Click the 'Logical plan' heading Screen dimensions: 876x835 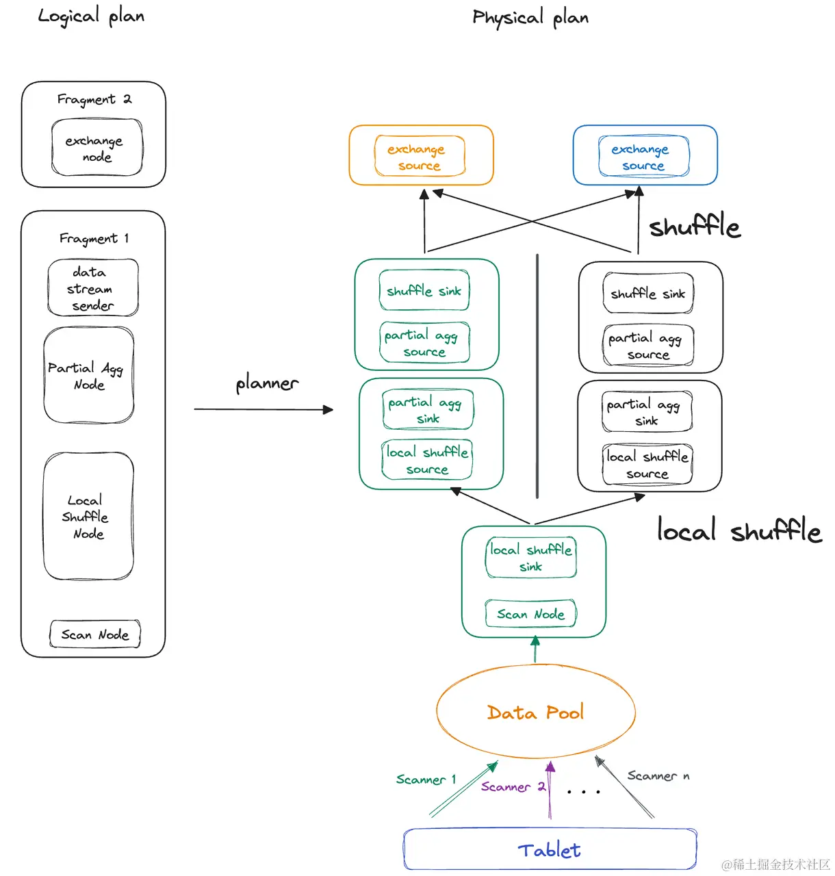pyautogui.click(x=91, y=16)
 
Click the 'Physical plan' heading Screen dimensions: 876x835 pyautogui.click(x=530, y=18)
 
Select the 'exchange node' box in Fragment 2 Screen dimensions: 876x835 pyautogui.click(x=97, y=148)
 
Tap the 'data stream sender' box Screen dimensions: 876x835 pyautogui.click(x=92, y=288)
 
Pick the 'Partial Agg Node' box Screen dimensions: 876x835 pyautogui.click(x=88, y=375)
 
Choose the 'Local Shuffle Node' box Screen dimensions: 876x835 pyautogui.click(x=88, y=516)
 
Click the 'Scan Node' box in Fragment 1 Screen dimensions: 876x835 pyautogui.click(x=94, y=634)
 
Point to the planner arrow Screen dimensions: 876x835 pyautogui.click(x=264, y=409)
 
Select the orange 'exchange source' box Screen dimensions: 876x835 pyautogui.click(x=420, y=157)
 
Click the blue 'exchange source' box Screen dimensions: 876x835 pyautogui.click(x=643, y=157)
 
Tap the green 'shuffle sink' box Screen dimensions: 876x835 pyautogui.click(x=424, y=291)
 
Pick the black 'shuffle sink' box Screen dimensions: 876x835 pyautogui.click(x=648, y=294)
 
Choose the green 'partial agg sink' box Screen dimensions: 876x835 pyautogui.click(x=427, y=409)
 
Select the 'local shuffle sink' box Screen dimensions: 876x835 pyautogui.click(x=530, y=558)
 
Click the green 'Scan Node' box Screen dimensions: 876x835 pyautogui.click(x=530, y=614)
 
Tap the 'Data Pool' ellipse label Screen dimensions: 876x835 pyautogui.click(x=535, y=712)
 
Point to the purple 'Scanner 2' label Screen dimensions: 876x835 pyautogui.click(x=513, y=787)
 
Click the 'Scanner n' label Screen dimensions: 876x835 pyautogui.click(x=658, y=776)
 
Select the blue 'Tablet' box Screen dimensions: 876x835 pyautogui.click(x=550, y=850)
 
